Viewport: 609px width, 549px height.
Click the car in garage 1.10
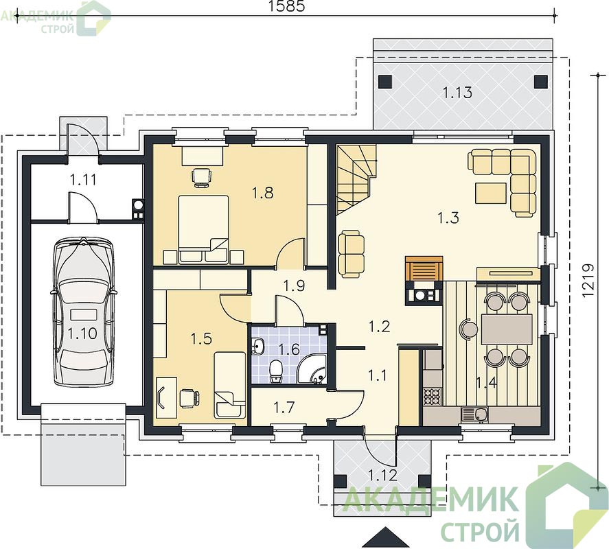click(x=82, y=312)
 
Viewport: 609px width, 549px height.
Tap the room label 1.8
click(x=263, y=193)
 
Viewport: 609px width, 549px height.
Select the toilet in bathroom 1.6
click(x=276, y=371)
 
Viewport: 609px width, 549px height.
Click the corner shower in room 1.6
click(x=312, y=368)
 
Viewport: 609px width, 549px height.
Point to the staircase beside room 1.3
click(x=356, y=178)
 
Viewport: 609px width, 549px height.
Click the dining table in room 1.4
click(x=507, y=329)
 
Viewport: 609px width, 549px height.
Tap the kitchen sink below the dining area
click(x=474, y=414)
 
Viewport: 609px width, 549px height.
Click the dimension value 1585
click(x=286, y=6)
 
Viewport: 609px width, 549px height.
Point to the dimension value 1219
click(x=589, y=281)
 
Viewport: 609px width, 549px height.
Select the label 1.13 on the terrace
click(x=457, y=93)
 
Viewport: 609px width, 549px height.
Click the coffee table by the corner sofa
click(x=490, y=193)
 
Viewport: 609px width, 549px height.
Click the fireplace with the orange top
click(x=424, y=280)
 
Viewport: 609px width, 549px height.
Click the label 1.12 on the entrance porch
click(x=382, y=476)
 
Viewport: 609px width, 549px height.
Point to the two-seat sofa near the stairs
click(x=351, y=254)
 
